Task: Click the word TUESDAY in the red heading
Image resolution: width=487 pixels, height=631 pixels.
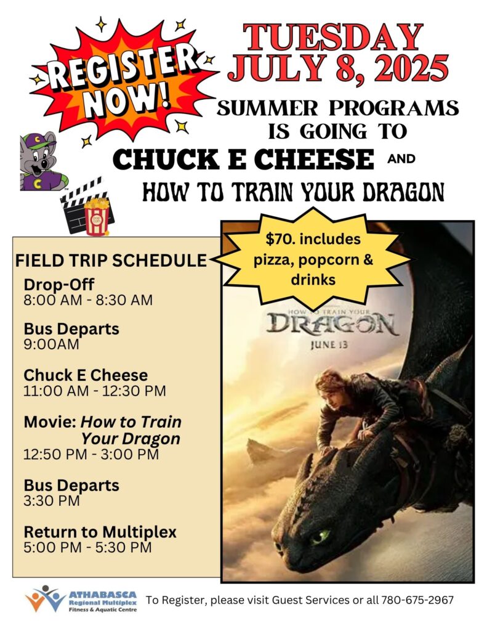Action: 332,37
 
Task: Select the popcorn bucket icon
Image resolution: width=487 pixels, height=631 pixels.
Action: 97,216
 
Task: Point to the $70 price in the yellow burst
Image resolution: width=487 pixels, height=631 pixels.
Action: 278,239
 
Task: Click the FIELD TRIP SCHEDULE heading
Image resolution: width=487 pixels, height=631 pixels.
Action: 111,261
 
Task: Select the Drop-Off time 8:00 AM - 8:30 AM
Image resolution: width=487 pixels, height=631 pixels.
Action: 88,300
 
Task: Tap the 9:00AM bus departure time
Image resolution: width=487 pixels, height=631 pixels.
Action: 51,344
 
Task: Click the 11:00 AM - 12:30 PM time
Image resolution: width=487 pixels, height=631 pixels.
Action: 94,391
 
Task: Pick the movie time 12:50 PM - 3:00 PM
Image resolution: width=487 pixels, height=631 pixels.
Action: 91,454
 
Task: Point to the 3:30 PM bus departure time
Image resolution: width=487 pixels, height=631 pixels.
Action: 52,501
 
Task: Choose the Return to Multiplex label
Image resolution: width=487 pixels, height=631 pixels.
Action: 100,532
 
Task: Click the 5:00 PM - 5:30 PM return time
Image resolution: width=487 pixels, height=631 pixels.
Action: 87,548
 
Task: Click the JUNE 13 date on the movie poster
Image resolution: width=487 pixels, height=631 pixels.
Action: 329,345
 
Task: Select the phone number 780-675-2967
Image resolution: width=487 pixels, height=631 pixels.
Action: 417,600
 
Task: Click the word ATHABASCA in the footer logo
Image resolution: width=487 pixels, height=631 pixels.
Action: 103,595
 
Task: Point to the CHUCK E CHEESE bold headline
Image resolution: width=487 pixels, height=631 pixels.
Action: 244,159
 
